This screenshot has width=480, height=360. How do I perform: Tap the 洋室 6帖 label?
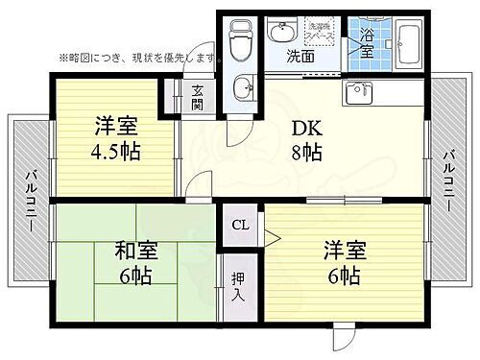340,264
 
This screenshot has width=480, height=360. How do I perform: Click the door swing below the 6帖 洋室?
345,337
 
